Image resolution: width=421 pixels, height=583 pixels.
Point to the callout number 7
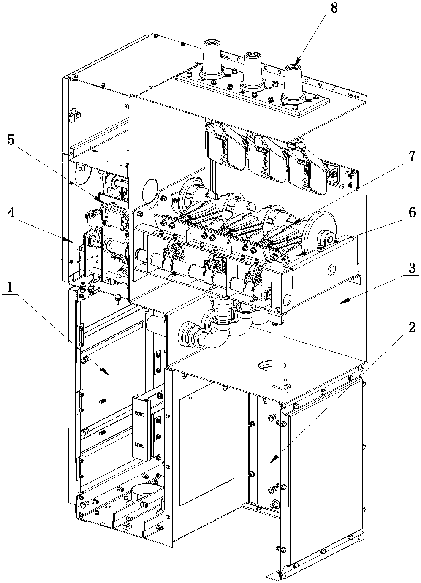(x=411, y=157)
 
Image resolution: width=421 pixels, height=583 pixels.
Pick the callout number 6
(x=412, y=213)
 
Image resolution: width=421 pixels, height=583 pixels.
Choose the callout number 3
(x=412, y=268)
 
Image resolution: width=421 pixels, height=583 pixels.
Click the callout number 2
(x=412, y=328)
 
